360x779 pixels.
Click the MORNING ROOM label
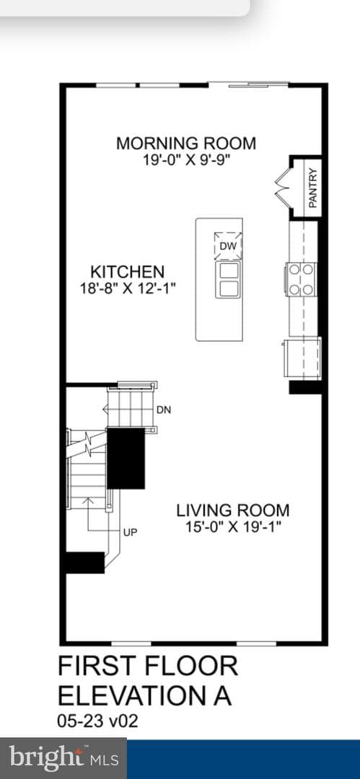point(186,143)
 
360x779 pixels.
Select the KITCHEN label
point(127,272)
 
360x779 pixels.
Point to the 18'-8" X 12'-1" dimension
point(128,288)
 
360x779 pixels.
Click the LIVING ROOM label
point(233,510)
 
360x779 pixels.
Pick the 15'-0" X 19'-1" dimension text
point(234,527)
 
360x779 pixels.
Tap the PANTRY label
point(313,188)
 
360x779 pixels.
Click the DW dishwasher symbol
point(228,245)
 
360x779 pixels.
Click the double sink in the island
point(229,280)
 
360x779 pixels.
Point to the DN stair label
point(164,410)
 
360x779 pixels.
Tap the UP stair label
point(131,532)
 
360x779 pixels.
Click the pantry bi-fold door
point(282,187)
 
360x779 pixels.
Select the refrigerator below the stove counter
point(302,358)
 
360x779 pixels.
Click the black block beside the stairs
point(126,459)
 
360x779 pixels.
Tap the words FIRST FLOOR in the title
point(148,666)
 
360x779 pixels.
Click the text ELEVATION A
point(145,696)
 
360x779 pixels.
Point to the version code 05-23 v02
point(97,721)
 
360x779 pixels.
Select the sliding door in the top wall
point(249,84)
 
